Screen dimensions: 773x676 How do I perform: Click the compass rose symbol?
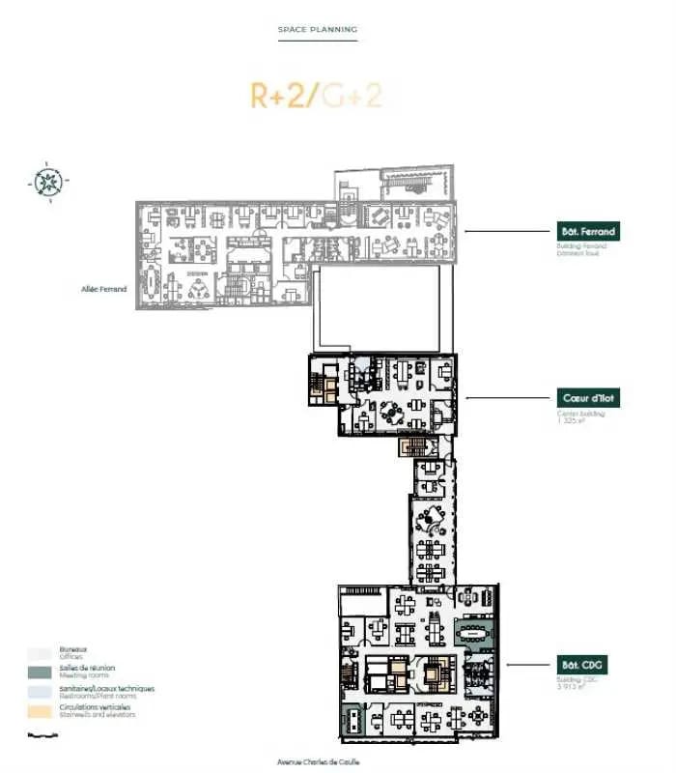click(x=45, y=181)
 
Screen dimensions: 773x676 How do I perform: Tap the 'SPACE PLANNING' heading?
click(x=318, y=30)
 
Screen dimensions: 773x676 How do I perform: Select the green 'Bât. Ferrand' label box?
click(x=588, y=232)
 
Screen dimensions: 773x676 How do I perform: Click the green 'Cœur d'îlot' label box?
click(x=588, y=397)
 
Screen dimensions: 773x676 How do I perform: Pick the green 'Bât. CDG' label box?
click(x=588, y=665)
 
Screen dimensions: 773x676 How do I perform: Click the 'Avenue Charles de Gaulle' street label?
click(x=318, y=762)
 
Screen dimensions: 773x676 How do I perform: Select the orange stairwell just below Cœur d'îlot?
click(x=412, y=446)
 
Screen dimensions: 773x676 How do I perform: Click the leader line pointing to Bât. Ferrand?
click(x=507, y=232)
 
